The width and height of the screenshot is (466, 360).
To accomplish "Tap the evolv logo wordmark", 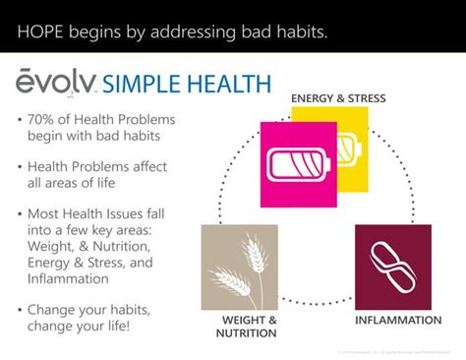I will [55, 82].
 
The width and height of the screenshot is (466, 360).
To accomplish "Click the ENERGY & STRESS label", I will [337, 98].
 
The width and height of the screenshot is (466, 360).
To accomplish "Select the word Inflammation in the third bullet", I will [69, 279].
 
